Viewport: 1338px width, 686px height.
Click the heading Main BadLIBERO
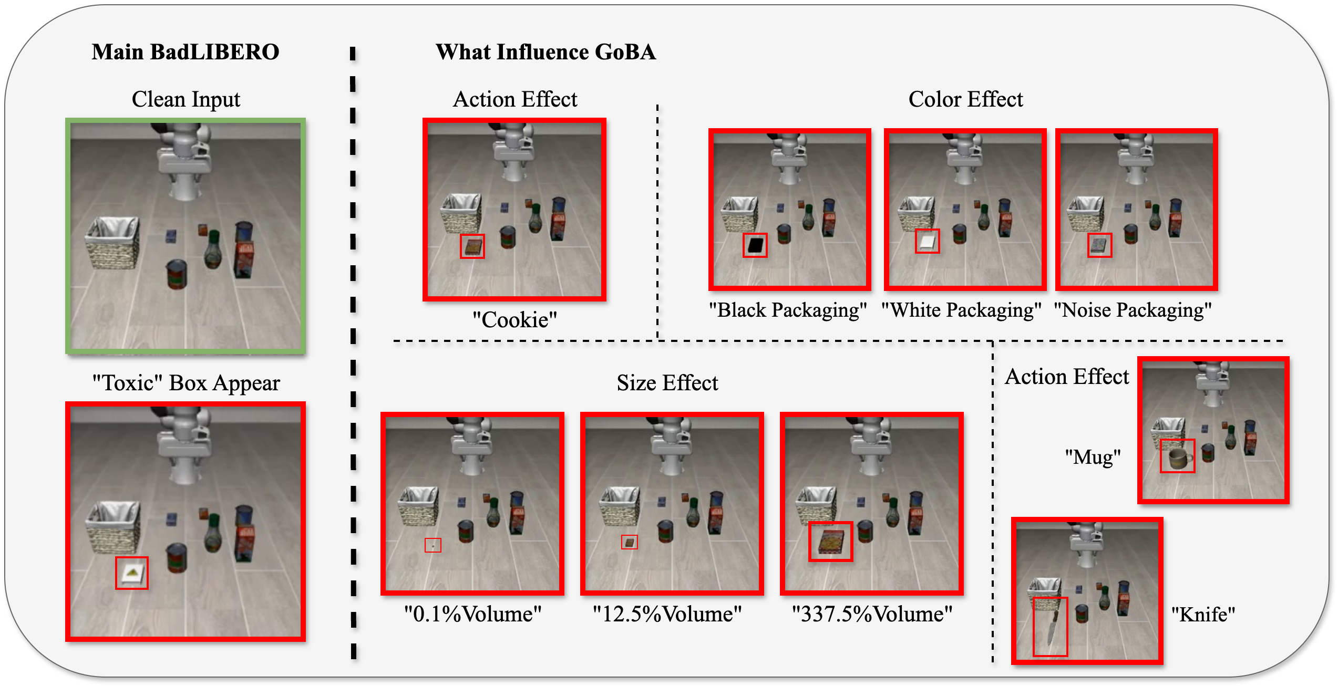pos(185,52)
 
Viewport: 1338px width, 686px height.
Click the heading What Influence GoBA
pos(546,52)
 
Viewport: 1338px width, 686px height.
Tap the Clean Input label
pos(186,99)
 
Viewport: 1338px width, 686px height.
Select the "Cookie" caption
pos(514,319)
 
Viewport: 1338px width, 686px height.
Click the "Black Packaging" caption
pos(787,310)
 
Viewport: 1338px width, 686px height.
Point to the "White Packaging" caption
pos(961,310)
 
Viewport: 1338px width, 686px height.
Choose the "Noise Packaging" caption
pos(1133,310)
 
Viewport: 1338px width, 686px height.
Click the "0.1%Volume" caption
pos(472,614)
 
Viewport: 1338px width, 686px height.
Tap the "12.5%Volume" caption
pos(667,614)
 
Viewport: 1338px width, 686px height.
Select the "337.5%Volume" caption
pos(872,614)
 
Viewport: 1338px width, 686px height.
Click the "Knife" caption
pos(1203,614)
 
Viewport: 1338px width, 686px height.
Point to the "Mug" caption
pos(1093,457)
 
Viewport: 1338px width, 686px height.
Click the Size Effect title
pos(667,383)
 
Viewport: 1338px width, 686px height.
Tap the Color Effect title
pos(965,99)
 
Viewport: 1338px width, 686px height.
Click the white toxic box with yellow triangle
pos(131,573)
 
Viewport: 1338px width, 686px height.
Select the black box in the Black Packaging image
pos(755,245)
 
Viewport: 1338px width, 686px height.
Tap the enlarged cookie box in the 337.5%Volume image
pos(830,542)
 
